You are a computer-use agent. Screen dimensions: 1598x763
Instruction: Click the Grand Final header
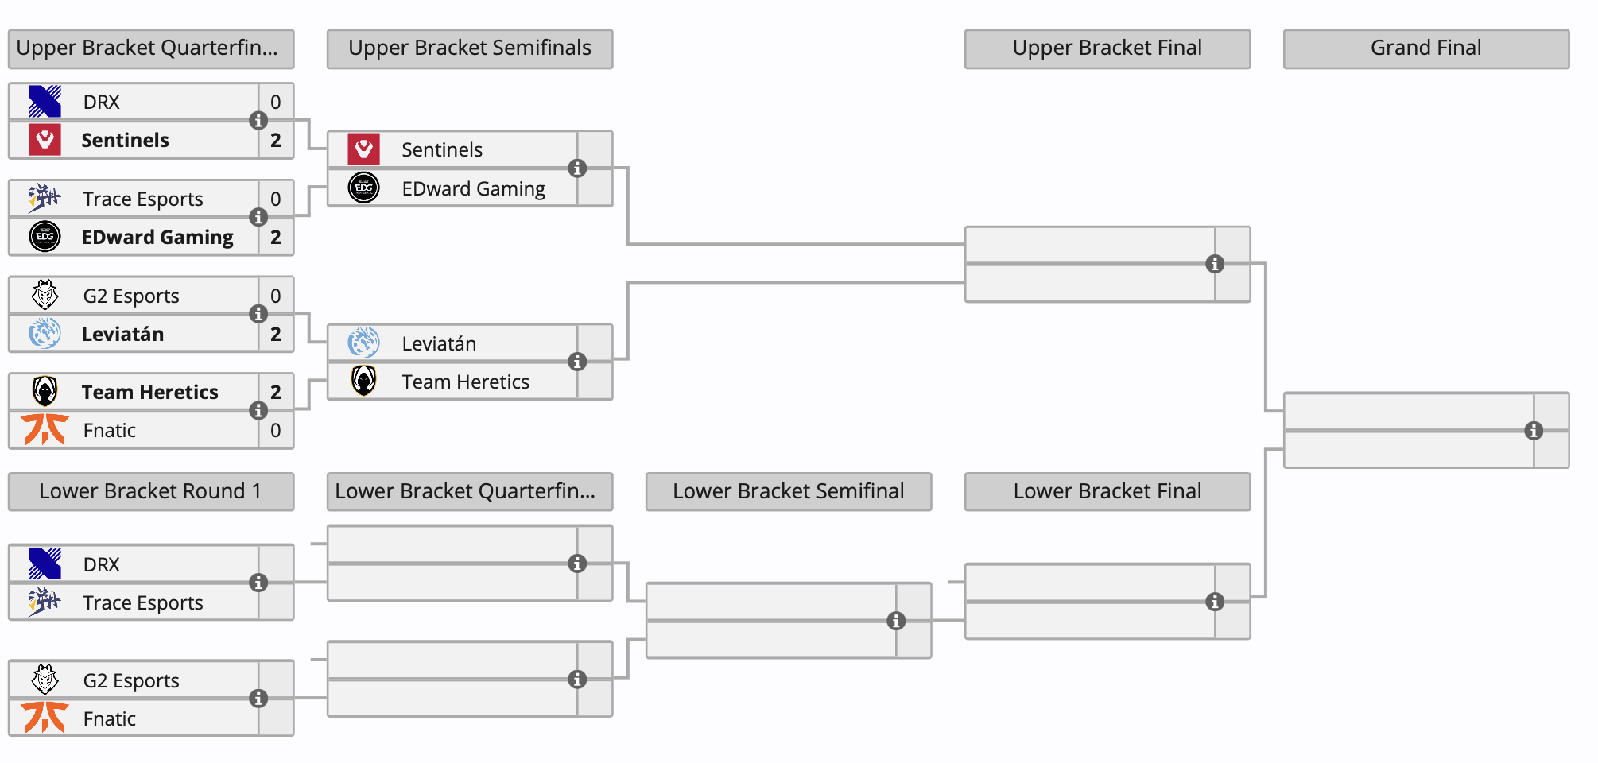point(1425,48)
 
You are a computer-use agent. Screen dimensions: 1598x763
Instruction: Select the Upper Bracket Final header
point(1107,48)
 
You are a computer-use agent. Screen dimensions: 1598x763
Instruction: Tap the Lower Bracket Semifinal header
point(788,491)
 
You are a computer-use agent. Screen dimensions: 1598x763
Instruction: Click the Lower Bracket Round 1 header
point(150,491)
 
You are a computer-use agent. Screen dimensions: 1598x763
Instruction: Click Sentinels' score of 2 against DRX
point(276,141)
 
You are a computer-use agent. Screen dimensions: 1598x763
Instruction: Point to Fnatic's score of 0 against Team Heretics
point(276,431)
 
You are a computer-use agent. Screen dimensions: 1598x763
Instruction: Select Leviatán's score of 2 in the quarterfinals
point(276,335)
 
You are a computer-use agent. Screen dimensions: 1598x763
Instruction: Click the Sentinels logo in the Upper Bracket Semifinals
point(363,149)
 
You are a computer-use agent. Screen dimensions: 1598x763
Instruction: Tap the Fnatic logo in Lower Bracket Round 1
point(45,718)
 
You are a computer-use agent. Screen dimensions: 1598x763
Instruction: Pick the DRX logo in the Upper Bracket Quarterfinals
point(45,102)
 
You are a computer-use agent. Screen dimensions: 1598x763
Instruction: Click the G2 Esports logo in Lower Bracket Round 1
point(45,680)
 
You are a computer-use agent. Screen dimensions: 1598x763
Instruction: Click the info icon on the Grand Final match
point(1534,431)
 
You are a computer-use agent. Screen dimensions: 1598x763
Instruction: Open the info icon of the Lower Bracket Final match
point(1215,602)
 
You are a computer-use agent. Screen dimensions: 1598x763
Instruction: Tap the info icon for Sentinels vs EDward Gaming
point(577,168)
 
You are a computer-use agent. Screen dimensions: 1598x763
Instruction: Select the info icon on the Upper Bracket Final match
point(1215,264)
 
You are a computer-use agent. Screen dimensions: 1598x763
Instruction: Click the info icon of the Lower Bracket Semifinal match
point(896,621)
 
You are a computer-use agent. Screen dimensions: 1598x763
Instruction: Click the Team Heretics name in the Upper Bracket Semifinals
point(465,382)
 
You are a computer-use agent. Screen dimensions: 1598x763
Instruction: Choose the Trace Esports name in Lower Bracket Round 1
point(143,603)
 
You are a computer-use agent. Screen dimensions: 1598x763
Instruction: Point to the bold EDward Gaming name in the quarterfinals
point(157,238)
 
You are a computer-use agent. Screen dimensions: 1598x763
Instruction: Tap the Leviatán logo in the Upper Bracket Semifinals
point(363,343)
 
